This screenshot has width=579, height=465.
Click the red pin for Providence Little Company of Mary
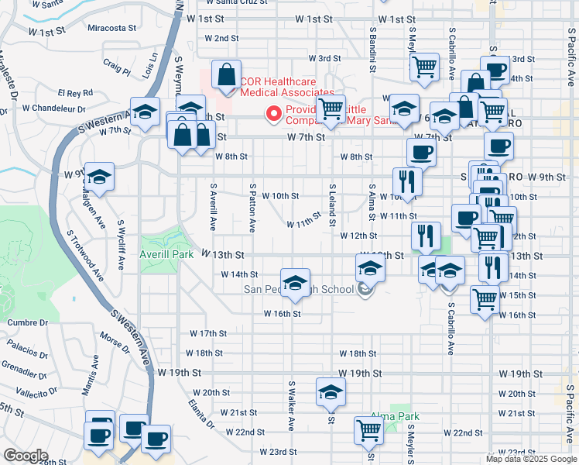273,114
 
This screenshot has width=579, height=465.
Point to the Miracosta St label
112,27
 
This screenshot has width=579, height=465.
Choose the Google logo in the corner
26,456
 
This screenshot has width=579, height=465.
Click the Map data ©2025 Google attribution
531,459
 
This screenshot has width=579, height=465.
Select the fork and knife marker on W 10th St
407,183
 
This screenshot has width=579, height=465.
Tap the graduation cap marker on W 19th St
331,393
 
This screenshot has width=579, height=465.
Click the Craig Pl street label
116,69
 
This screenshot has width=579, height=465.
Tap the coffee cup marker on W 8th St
421,152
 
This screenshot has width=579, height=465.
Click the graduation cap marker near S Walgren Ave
99,177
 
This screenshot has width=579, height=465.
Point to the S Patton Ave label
252,207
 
